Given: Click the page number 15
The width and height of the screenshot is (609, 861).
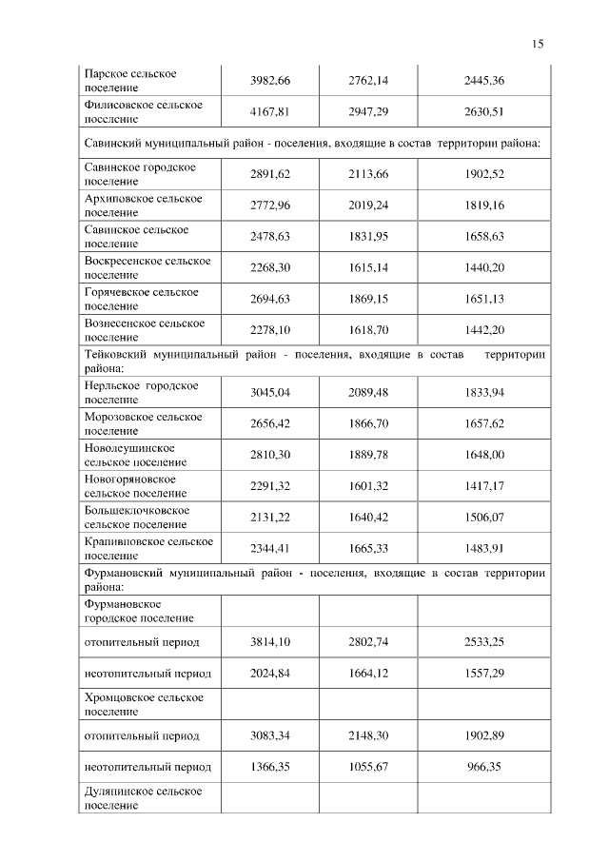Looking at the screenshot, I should [x=538, y=44].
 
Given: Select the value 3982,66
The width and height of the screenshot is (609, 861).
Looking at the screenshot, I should [x=269, y=80].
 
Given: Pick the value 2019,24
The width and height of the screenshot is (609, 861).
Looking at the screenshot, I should [x=368, y=205].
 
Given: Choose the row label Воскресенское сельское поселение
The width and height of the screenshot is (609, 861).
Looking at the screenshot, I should [x=147, y=267].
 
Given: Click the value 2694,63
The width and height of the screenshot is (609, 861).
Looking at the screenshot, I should [x=269, y=299].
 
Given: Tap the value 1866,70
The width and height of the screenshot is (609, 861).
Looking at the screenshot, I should [x=368, y=423].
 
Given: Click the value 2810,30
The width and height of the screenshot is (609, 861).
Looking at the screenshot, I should [x=269, y=455].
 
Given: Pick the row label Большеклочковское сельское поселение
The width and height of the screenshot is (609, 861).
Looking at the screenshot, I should [x=137, y=517].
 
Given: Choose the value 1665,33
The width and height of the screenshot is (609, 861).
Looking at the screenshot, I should [x=368, y=548].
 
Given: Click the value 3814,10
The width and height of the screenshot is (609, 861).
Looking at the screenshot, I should [x=269, y=642].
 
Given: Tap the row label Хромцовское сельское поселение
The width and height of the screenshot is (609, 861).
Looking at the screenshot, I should [x=144, y=704].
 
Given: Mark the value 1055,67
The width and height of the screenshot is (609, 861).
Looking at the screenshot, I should [x=368, y=767].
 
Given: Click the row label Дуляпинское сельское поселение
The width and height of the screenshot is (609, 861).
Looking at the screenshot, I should [x=144, y=797].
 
